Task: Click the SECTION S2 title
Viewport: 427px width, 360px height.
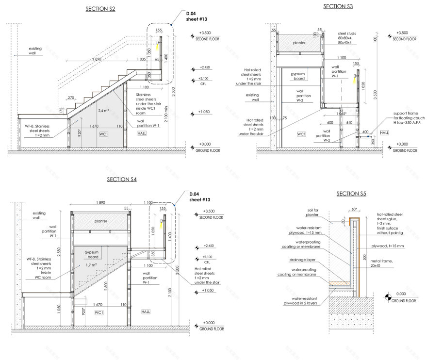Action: click(100, 9)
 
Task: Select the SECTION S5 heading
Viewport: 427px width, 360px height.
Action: click(351, 194)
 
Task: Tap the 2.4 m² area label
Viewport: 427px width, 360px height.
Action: click(103, 111)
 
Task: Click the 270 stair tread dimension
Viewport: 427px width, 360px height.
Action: click(71, 98)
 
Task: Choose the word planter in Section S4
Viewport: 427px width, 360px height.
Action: click(101, 221)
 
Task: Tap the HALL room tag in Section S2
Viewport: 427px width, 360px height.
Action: click(142, 133)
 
